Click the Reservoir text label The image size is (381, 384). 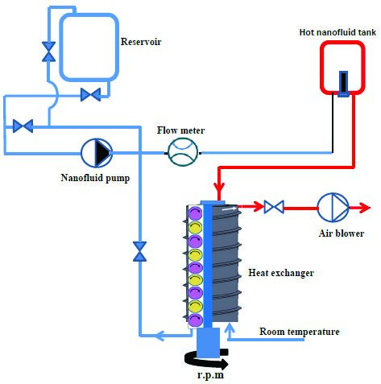pyautogui.click(x=141, y=42)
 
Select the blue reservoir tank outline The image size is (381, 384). pyautogui.click(x=60, y=47)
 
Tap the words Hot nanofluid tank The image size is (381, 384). pyautogui.click(x=338, y=32)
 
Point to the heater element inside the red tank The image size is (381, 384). pyautogui.click(x=343, y=84)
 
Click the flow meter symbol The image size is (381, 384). pyautogui.click(x=183, y=152)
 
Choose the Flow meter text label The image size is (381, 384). pyautogui.click(x=180, y=130)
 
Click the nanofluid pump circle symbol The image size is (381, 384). pyautogui.click(x=97, y=153)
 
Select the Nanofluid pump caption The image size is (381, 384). pyautogui.click(x=95, y=178)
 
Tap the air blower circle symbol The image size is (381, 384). pyautogui.click(x=333, y=208)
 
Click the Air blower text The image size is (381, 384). pyautogui.click(x=342, y=233)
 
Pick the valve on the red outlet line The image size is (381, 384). pyautogui.click(x=274, y=207)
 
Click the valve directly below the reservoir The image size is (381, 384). pyautogui.click(x=91, y=95)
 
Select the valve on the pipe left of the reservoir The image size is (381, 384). pyautogui.click(x=48, y=52)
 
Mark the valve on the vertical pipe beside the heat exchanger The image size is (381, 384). pyautogui.click(x=140, y=251)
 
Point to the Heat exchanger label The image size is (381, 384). pyautogui.click(x=281, y=273)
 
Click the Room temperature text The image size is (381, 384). pyautogui.click(x=300, y=332)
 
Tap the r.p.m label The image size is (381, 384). pyautogui.click(x=210, y=375)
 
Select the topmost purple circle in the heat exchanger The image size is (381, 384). pyautogui.click(x=195, y=213)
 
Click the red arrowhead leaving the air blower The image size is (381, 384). pyautogui.click(x=365, y=208)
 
